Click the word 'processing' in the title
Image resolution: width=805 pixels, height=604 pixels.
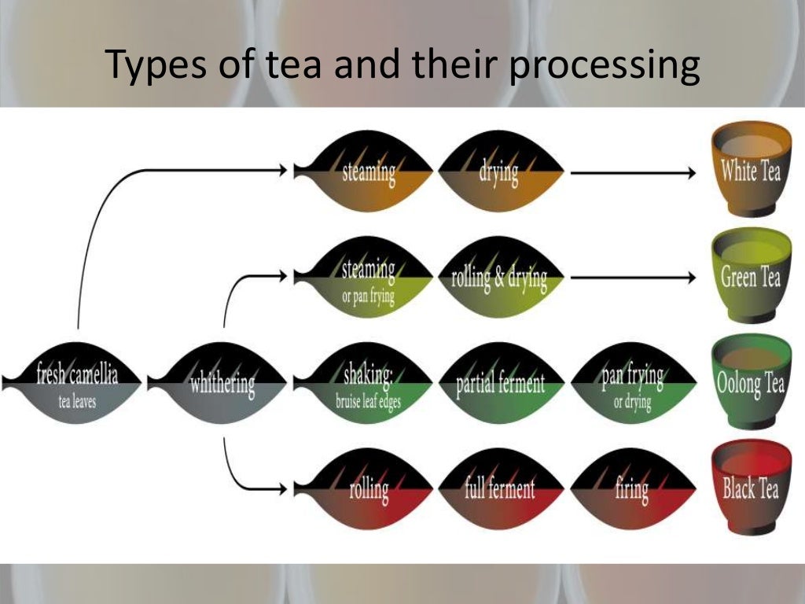tap(604, 66)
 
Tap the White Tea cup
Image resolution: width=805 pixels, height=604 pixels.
tap(751, 168)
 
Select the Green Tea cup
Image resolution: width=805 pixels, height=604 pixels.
tap(751, 275)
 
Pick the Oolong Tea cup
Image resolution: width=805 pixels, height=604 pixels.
tap(751, 382)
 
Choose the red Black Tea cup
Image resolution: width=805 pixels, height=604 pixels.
tap(751, 488)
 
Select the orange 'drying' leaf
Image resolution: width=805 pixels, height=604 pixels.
tap(500, 171)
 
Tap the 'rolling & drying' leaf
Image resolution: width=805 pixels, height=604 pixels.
tap(500, 278)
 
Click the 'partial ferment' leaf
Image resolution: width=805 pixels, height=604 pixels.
tap(500, 383)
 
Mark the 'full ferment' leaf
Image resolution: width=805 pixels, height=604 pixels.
tap(500, 488)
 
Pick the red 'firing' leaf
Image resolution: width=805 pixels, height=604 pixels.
tap(633, 488)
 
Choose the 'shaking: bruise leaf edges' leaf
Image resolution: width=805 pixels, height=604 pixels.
tap(366, 383)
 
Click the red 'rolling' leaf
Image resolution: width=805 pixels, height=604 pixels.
tap(366, 488)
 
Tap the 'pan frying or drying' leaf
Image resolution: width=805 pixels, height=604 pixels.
tap(633, 383)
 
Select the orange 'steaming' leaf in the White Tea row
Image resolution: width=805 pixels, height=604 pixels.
tap(366, 171)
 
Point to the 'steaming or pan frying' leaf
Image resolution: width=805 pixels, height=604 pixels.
tap(366, 278)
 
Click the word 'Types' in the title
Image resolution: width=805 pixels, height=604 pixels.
tap(150, 66)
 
